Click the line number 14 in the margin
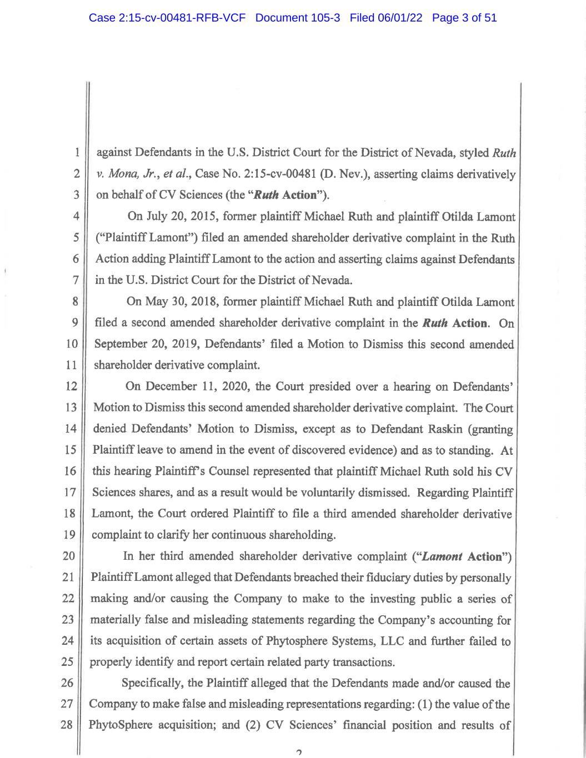pyautogui.click(x=70, y=429)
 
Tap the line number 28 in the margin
pyautogui.click(x=67, y=725)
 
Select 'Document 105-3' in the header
pyautogui.click(x=298, y=18)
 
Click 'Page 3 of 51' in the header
pyautogui.click(x=464, y=18)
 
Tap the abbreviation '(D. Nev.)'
pyautogui.click(x=346, y=174)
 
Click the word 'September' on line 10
pyautogui.click(x=119, y=344)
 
